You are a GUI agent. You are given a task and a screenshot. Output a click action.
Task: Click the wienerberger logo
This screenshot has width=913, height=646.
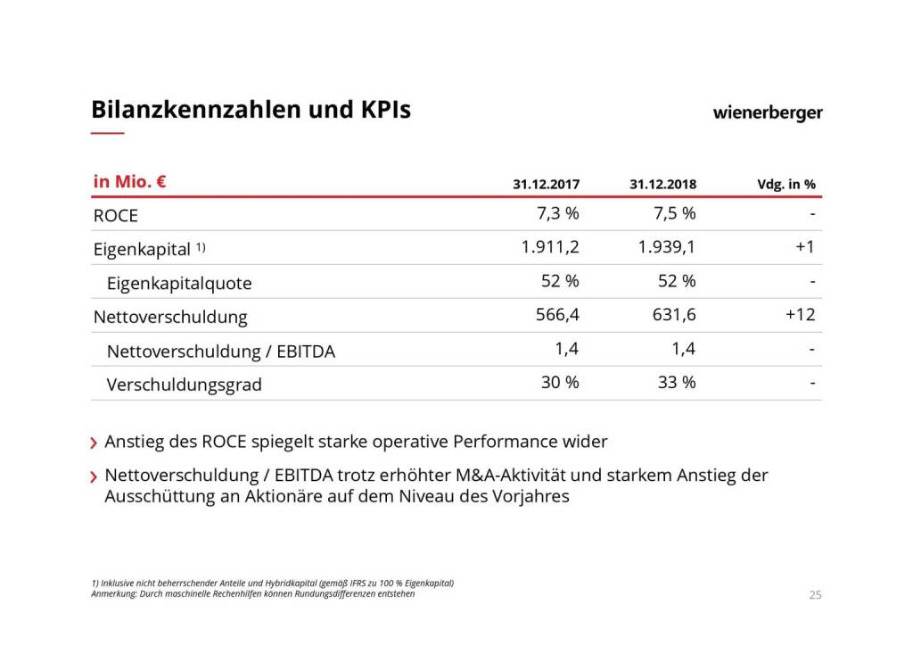pyautogui.click(x=768, y=113)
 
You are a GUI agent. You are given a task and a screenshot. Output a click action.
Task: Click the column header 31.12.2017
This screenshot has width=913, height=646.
pyautogui.click(x=546, y=185)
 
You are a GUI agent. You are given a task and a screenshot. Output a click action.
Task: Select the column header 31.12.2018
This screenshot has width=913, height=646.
pyautogui.click(x=662, y=185)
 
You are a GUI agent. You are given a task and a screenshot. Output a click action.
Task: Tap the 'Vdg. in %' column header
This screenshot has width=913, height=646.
pyautogui.click(x=786, y=185)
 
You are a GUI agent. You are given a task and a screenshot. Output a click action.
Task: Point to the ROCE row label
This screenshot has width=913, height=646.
pyautogui.click(x=116, y=215)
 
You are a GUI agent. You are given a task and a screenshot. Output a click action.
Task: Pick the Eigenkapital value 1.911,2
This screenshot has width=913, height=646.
pyautogui.click(x=550, y=247)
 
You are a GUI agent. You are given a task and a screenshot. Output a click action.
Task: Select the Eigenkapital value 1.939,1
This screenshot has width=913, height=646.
pyautogui.click(x=667, y=247)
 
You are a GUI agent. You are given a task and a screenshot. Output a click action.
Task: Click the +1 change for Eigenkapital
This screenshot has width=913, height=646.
pyautogui.click(x=805, y=247)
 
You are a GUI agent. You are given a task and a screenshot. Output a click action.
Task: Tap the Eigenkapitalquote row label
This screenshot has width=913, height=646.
pyautogui.click(x=179, y=284)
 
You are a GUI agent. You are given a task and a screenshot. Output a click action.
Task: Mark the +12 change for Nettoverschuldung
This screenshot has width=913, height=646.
pyautogui.click(x=801, y=315)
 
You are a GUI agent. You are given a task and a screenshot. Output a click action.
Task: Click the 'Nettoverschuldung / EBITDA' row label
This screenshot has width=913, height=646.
pyautogui.click(x=220, y=352)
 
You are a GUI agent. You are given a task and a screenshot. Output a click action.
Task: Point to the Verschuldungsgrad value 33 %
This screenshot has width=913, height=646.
pyautogui.click(x=676, y=383)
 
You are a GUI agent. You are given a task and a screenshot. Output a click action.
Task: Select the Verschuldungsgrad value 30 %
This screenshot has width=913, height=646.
pyautogui.click(x=560, y=383)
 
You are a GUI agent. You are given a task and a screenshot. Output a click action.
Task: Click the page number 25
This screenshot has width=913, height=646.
pyautogui.click(x=815, y=595)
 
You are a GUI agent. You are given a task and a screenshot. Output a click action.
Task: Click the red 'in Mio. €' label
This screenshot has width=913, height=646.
pyautogui.click(x=130, y=182)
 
